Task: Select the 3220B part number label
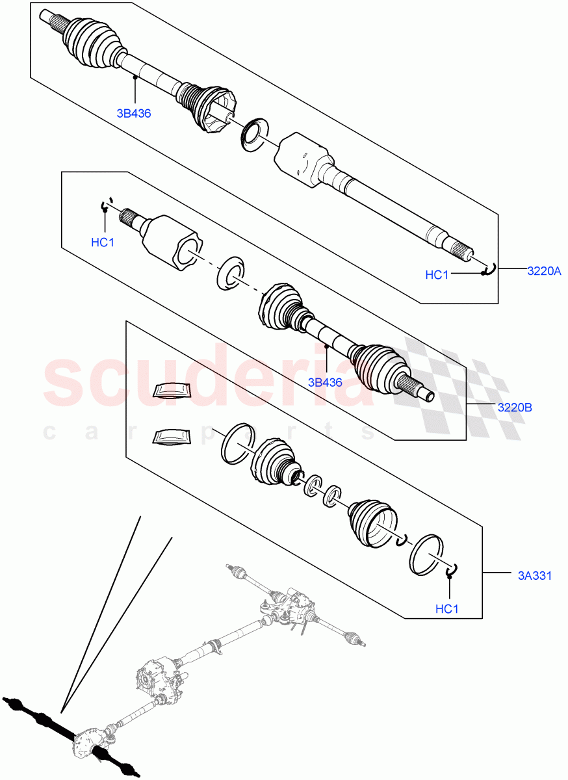(x=515, y=408)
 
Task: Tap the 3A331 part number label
(x=535, y=575)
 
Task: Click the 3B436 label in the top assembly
(x=134, y=113)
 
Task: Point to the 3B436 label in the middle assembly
(x=325, y=382)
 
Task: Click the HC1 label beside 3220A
(x=437, y=275)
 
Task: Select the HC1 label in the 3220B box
(x=103, y=242)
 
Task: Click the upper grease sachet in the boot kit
(x=173, y=389)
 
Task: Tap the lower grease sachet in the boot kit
(x=170, y=437)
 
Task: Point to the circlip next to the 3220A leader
(x=489, y=268)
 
